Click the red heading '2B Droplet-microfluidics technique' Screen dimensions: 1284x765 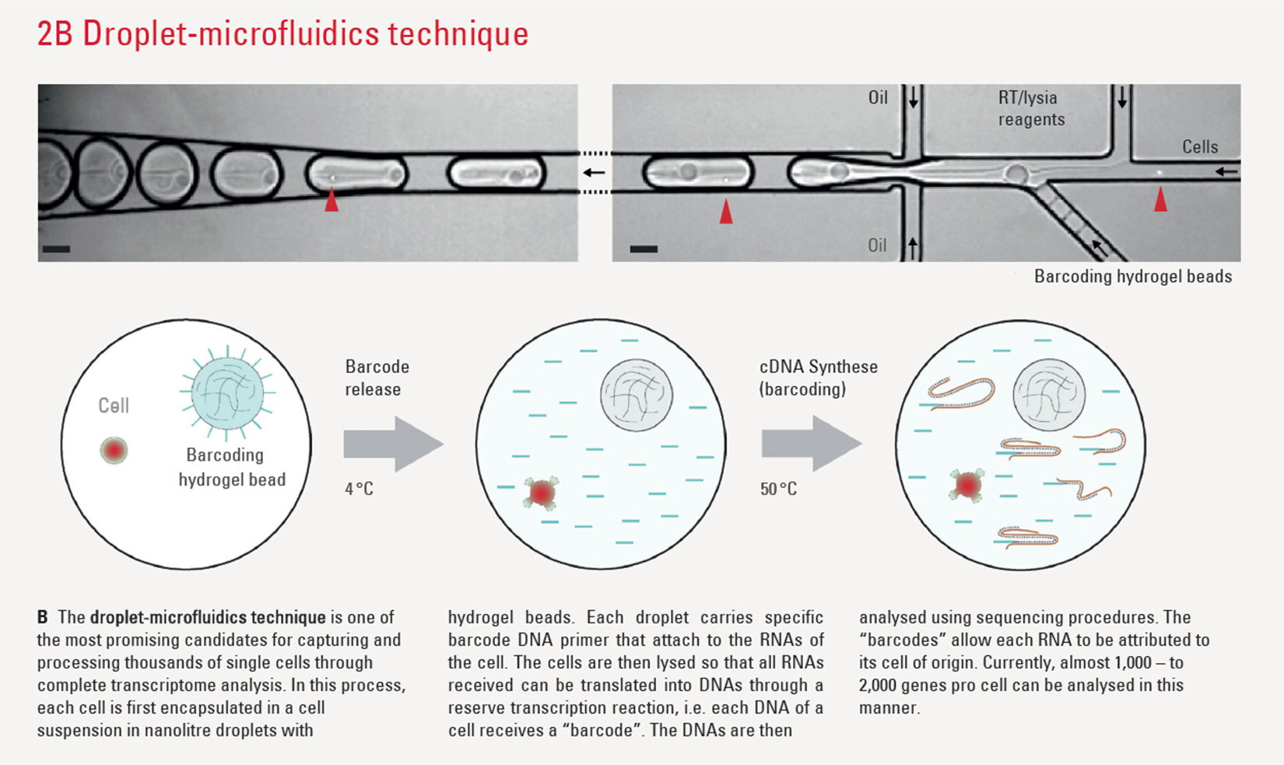pos(282,33)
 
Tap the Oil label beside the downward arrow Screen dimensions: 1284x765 pos(878,97)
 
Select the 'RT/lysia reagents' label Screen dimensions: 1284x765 pos(1031,108)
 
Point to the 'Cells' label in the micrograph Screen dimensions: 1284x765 pos(1200,147)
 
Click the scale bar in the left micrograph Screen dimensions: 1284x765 pos(56,249)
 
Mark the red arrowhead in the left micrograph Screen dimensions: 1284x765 pos(332,200)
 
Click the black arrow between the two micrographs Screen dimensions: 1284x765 pos(595,172)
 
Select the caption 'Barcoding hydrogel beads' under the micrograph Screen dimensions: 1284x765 pos(1133,276)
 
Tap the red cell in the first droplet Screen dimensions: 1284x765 pos(114,450)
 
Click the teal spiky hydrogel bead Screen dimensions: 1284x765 pos(227,394)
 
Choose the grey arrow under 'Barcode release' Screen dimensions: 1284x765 pos(393,444)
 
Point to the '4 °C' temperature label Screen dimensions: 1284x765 pos(359,489)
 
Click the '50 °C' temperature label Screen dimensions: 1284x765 pos(778,489)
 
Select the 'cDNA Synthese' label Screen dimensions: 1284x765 pos(819,367)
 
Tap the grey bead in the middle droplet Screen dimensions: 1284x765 pos(637,395)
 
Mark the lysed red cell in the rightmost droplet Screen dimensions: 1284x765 pos(967,485)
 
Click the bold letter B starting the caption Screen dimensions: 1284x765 pos(43,617)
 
